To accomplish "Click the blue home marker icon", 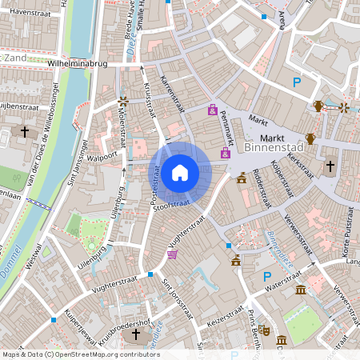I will pyautogui.click(x=180, y=172).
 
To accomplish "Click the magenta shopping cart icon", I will pyautogui.click(x=172, y=254).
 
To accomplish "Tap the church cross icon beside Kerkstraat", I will pyautogui.click(x=330, y=166).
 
